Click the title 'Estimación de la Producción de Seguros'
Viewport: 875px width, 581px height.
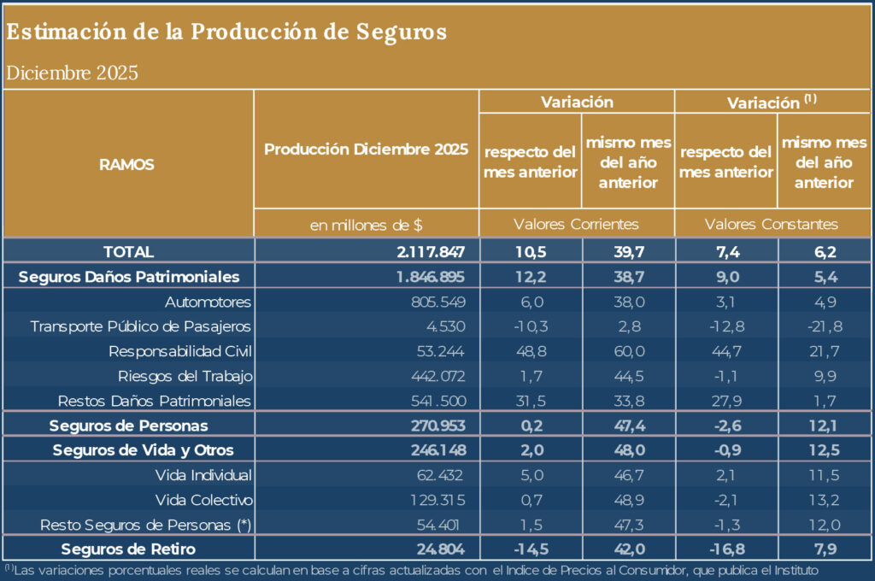pyautogui.click(x=226, y=32)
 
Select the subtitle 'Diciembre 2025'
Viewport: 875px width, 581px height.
pyautogui.click(x=72, y=73)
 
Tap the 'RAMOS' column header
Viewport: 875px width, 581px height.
pyautogui.click(x=127, y=165)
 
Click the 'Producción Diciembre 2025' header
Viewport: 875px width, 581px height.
pyautogui.click(x=366, y=149)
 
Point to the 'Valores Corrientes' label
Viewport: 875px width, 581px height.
pyautogui.click(x=576, y=225)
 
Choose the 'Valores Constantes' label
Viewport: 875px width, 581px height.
pyautogui.click(x=771, y=225)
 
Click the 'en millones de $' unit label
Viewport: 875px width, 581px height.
pyautogui.click(x=366, y=225)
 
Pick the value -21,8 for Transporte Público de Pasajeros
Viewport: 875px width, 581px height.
pyautogui.click(x=825, y=326)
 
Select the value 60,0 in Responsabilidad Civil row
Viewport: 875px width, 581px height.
pyautogui.click(x=628, y=351)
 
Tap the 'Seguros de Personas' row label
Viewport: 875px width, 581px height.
pyautogui.click(x=128, y=425)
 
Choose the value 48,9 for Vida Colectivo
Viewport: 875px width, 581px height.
pyautogui.click(x=628, y=500)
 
